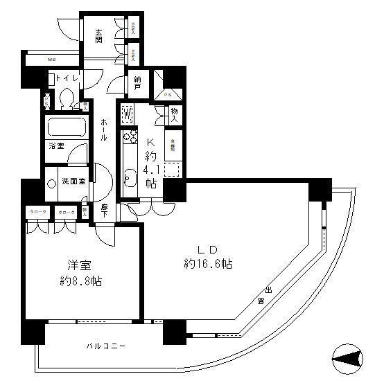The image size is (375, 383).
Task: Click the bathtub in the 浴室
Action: pos(65,128)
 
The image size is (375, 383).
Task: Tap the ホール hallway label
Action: pos(103,129)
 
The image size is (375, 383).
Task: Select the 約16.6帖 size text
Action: pos(208,264)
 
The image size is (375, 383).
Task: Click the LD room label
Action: pos(208,249)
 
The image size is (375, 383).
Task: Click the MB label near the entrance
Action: pos(51,60)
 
